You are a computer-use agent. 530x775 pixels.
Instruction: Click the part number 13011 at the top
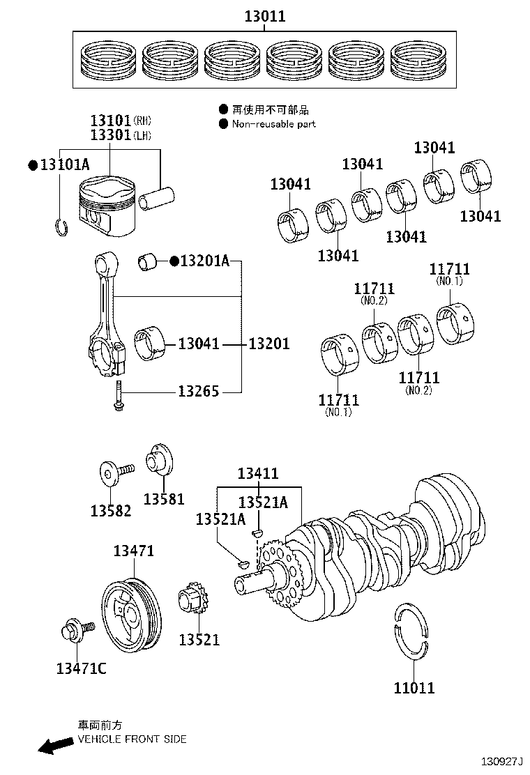[x=265, y=16]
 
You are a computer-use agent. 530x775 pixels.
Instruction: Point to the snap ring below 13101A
[x=61, y=227]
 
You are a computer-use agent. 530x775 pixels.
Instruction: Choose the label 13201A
[x=204, y=261]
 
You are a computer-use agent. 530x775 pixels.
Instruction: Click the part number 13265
[x=198, y=392]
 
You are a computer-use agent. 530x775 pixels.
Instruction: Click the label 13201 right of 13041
[x=269, y=344]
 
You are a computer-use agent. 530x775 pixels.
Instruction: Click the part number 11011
[x=414, y=688]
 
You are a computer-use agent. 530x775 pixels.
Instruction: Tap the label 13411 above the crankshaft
[x=257, y=474]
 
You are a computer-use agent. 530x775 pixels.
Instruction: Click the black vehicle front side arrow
[x=55, y=746]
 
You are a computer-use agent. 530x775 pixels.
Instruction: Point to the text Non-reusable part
[x=273, y=124]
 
